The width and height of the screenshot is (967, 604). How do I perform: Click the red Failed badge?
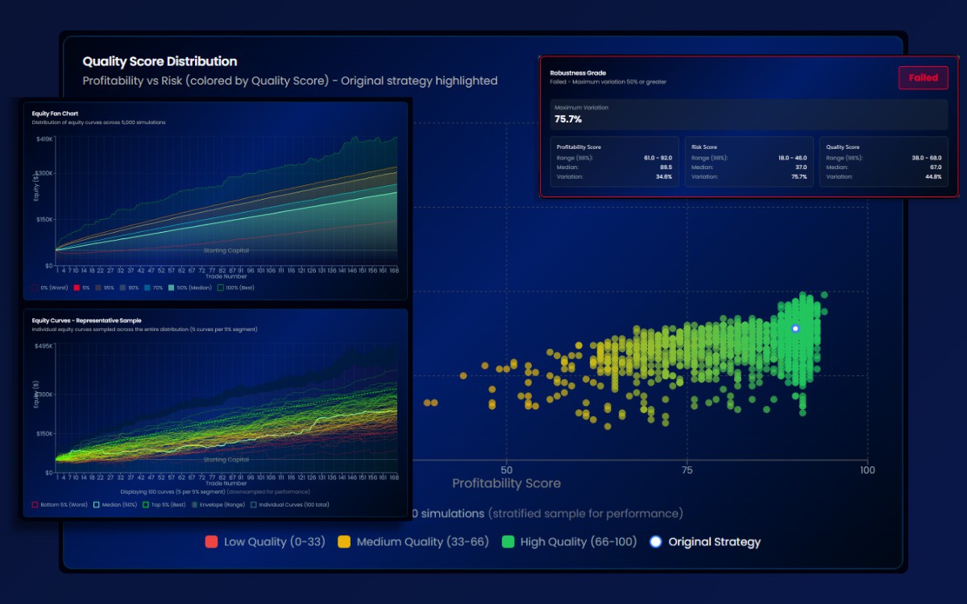(x=923, y=78)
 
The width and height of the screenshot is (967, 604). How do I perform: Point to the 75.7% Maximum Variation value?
(x=568, y=119)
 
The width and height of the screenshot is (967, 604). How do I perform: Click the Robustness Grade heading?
(x=578, y=72)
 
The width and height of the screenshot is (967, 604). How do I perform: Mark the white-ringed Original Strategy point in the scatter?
(x=795, y=329)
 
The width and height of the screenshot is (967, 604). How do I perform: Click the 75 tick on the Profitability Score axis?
(x=687, y=470)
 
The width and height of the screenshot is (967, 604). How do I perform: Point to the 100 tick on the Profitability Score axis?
(x=867, y=470)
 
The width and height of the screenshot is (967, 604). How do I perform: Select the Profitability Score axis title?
(x=506, y=483)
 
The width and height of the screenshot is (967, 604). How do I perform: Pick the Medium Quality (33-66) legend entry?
(x=413, y=542)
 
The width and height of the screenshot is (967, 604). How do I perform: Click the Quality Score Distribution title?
(x=160, y=61)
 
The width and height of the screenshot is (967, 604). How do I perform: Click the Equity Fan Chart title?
(x=55, y=114)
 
